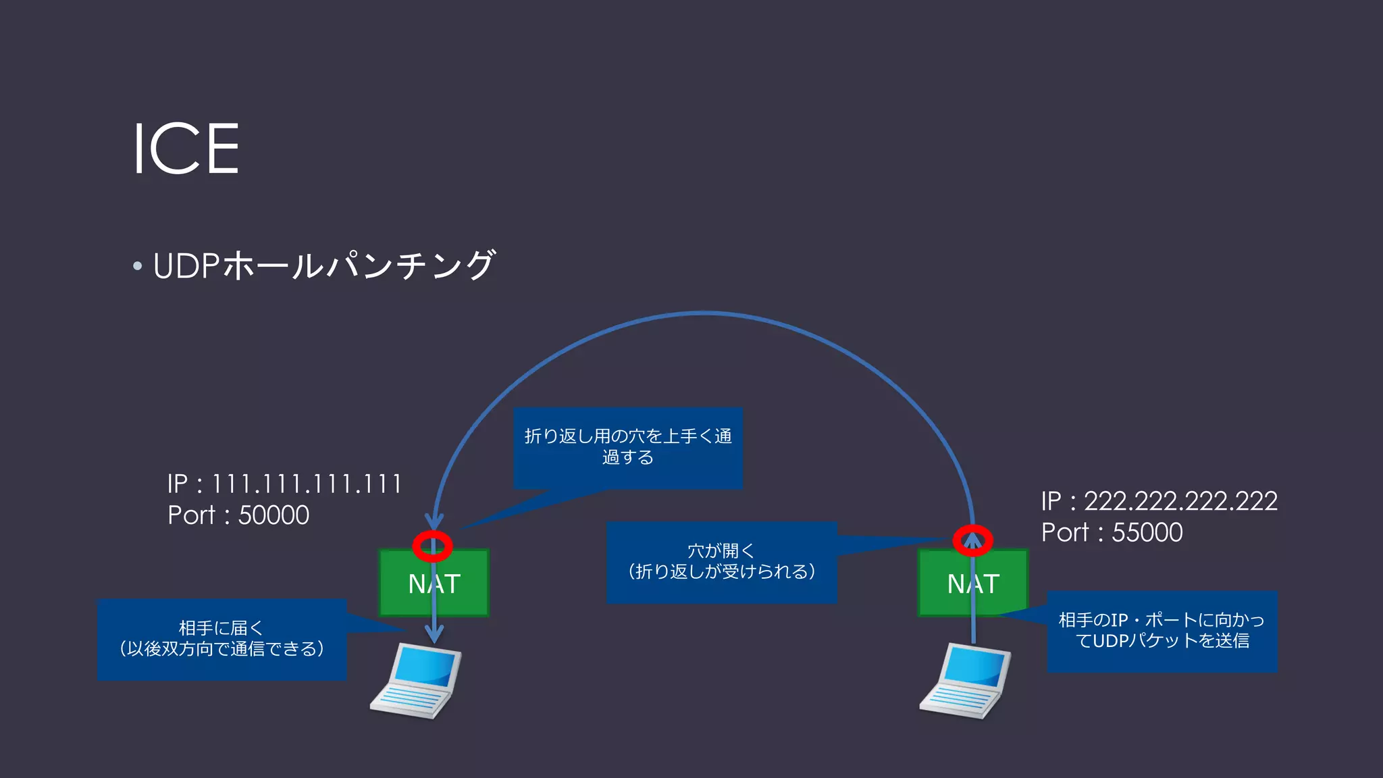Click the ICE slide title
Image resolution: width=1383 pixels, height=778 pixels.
(x=186, y=149)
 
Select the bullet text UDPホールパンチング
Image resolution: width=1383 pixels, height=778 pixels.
(x=324, y=265)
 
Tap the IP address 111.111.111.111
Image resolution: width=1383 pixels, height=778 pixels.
(x=307, y=484)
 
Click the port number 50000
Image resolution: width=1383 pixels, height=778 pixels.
(x=273, y=515)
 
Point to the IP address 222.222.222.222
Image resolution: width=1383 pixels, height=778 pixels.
(x=1180, y=501)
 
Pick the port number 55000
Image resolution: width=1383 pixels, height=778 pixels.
(x=1147, y=533)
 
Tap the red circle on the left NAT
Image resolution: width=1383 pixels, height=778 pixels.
(x=432, y=546)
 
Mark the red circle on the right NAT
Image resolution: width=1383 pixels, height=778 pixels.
(x=972, y=540)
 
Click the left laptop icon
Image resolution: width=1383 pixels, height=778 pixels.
(x=415, y=681)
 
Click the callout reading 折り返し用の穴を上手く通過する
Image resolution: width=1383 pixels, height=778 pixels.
(x=627, y=447)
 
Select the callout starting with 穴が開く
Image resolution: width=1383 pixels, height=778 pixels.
(x=721, y=562)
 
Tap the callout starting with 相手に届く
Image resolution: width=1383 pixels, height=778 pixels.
(x=221, y=639)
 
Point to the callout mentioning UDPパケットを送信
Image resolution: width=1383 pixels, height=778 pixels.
(x=1162, y=631)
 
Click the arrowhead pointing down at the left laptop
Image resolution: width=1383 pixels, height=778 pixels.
(x=434, y=634)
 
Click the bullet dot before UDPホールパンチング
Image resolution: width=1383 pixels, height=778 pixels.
(x=138, y=266)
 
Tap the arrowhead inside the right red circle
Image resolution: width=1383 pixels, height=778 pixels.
(x=972, y=539)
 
